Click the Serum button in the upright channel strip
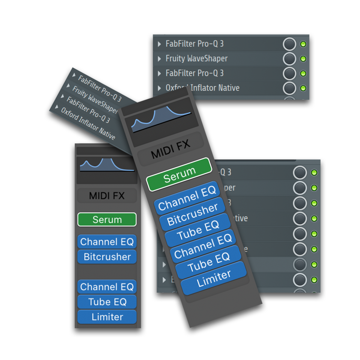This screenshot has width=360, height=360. point(107,220)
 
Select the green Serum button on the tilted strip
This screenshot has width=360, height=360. point(179,174)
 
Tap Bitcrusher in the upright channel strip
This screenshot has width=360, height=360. point(107,257)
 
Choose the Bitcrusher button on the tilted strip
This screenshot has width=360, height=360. point(192,214)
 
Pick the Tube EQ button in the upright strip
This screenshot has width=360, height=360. point(107,302)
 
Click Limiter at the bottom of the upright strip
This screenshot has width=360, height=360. point(107,317)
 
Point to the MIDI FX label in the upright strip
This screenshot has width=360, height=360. point(107,196)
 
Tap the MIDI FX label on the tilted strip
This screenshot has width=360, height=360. point(171,149)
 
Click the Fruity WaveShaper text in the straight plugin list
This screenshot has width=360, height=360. point(196,58)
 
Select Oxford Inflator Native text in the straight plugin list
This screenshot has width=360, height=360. point(202,88)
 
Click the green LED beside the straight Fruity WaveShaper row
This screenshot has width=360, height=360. point(303,59)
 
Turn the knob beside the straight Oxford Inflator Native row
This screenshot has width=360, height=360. point(289,88)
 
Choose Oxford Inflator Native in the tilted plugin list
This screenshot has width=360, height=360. point(88,123)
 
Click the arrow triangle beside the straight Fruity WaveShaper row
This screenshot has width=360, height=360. point(160,59)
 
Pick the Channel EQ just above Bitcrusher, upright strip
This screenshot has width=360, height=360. point(107,242)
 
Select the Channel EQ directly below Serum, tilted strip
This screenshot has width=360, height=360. point(187,198)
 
